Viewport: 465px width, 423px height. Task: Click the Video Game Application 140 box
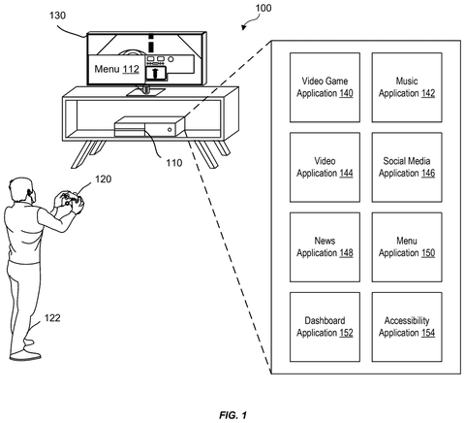coord(325,87)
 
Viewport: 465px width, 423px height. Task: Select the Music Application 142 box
coord(407,87)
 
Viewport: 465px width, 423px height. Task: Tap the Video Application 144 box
coord(325,167)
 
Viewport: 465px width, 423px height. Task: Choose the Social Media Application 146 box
coord(407,167)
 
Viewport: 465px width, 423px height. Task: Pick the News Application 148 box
coord(325,247)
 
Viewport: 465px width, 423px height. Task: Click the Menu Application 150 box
coord(407,247)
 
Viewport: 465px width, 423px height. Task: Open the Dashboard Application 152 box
coord(325,327)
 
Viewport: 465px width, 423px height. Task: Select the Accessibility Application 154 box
coord(407,327)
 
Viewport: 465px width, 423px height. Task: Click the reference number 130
coord(57,16)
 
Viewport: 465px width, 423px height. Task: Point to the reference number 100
coord(263,8)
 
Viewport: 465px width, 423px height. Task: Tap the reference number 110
coord(174,163)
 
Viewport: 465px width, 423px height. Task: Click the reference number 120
coord(103,179)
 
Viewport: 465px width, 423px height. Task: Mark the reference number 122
coord(52,318)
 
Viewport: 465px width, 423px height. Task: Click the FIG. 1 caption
coord(233,415)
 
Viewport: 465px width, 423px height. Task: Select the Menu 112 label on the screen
coord(116,69)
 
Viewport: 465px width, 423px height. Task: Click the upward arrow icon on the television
coord(155,73)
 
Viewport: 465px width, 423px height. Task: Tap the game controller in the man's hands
coord(71,198)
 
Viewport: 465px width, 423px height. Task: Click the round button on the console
coord(170,130)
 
